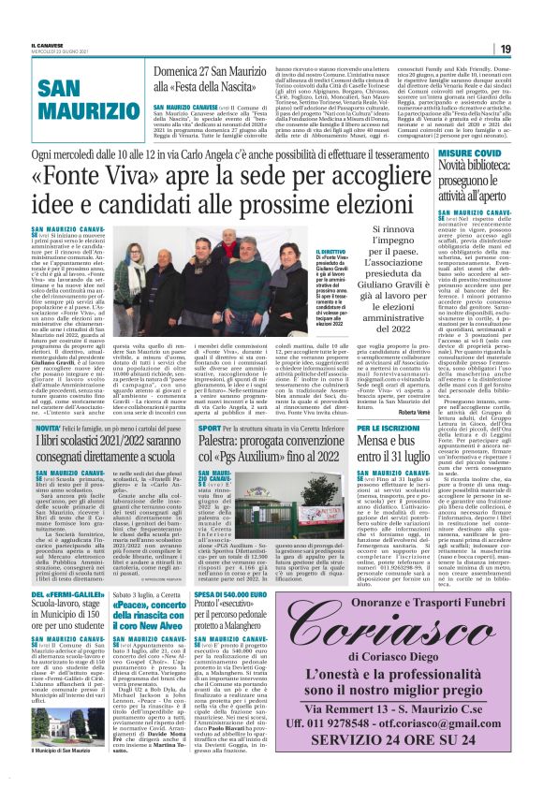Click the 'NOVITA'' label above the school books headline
click(43, 427)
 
